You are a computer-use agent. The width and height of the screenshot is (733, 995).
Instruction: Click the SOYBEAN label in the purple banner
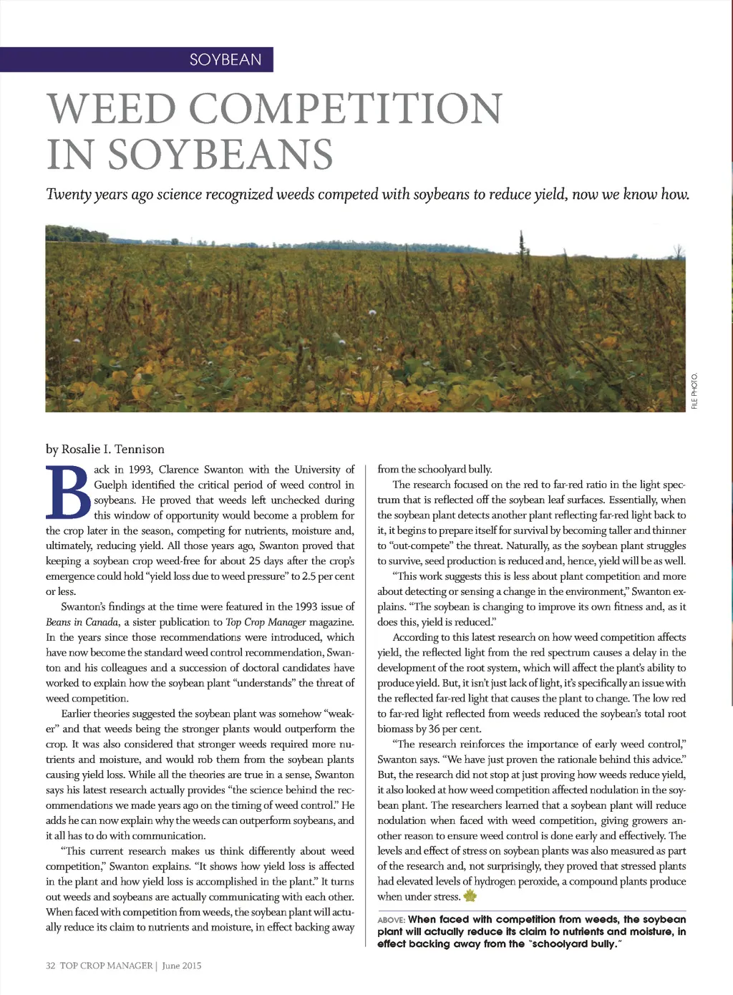[225, 59]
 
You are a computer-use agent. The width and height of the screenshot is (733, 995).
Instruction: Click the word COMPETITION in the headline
[346, 108]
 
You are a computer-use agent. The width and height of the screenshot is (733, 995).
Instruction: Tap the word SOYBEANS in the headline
[221, 154]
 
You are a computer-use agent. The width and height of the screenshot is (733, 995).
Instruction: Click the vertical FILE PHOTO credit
[694, 391]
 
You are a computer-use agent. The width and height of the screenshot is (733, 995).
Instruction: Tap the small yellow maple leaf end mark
[470, 896]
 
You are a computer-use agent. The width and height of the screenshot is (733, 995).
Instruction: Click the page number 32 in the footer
[51, 966]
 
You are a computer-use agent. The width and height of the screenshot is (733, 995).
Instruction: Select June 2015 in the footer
[182, 966]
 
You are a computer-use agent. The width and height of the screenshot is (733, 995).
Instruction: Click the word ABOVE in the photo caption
[391, 920]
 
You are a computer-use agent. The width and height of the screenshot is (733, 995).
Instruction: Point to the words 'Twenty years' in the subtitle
[87, 195]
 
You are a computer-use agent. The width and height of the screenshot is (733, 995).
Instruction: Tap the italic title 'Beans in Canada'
[82, 622]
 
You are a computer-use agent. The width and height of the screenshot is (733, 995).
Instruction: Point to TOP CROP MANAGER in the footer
[107, 966]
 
